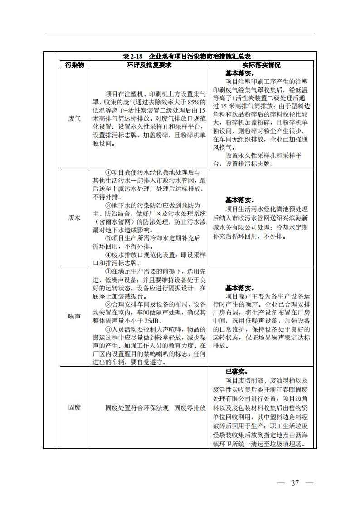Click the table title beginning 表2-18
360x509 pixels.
point(187,56)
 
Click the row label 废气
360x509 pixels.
point(74,118)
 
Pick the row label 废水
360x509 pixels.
point(74,218)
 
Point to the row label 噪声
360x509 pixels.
point(74,317)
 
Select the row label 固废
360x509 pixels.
point(74,407)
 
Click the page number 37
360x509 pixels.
point(295,483)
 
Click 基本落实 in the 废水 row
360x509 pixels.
point(240,200)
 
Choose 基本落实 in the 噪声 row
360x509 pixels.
point(240,288)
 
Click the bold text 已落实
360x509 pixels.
point(236,372)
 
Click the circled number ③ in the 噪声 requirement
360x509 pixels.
point(108,329)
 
